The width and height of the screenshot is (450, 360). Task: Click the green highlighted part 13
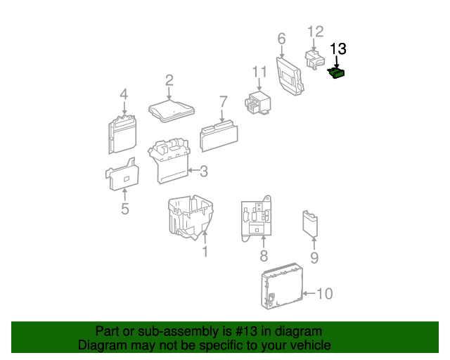pos(337,72)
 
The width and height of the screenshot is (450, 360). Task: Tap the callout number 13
pos(338,49)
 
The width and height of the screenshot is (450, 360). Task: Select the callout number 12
pos(316,31)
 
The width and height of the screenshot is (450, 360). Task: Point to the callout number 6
pos(281,38)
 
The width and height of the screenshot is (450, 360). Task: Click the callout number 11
pos(260,72)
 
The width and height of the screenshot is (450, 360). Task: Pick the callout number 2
pos(169,80)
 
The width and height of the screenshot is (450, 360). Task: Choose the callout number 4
pos(124,94)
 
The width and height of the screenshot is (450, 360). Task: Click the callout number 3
pos(204,170)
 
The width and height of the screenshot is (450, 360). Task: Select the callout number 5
pos(124,208)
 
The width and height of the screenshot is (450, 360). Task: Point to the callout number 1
pos(205,251)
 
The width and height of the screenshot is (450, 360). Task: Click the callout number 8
pos(264,255)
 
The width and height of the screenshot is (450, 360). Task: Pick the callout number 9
pos(314,257)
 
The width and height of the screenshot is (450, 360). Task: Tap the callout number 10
pos(325,293)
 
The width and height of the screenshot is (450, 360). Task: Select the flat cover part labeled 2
pos(170,109)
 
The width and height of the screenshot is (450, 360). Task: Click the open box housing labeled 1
pos(188,216)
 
